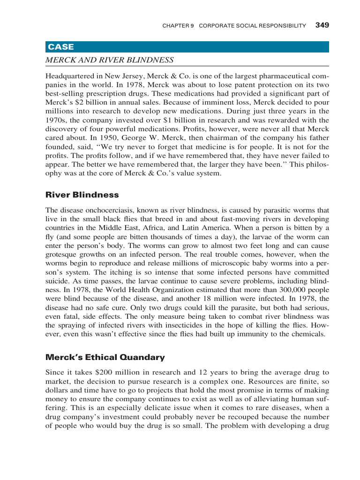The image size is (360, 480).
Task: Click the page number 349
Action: pyautogui.click(x=322, y=25)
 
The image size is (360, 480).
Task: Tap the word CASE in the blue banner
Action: pyautogui.click(x=60, y=47)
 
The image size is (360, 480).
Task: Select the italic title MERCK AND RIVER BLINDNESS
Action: pyautogui.click(x=109, y=60)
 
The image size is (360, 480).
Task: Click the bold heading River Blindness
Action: pyautogui.click(x=82, y=195)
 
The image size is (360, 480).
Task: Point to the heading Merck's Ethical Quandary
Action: pyautogui.click(x=105, y=357)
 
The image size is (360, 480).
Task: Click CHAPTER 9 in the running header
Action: pyautogui.click(x=178, y=25)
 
